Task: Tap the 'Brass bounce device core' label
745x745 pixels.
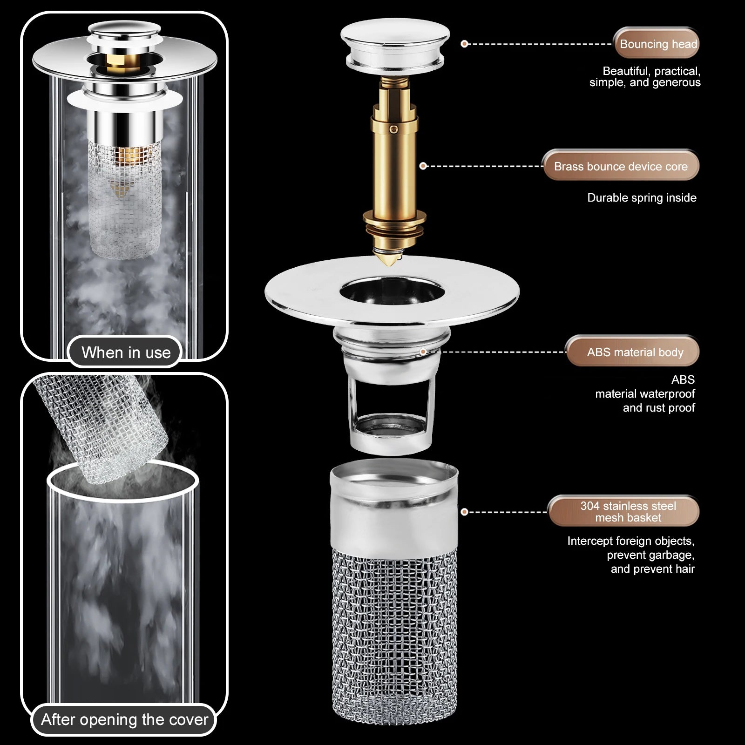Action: tap(621, 166)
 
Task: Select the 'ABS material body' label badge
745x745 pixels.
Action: tap(633, 352)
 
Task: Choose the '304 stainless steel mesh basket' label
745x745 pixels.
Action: tap(623, 511)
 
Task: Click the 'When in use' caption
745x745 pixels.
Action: tap(126, 352)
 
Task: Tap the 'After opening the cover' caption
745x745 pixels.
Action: tap(124, 719)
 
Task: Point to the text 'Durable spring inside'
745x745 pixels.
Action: tap(642, 198)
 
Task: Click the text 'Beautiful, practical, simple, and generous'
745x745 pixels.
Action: tap(645, 77)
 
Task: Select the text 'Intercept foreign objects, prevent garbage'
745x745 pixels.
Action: tap(631, 548)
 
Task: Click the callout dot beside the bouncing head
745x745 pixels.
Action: tap(464, 44)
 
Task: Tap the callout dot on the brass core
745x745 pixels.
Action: tap(423, 166)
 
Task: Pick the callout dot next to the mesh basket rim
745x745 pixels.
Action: tap(464, 512)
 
